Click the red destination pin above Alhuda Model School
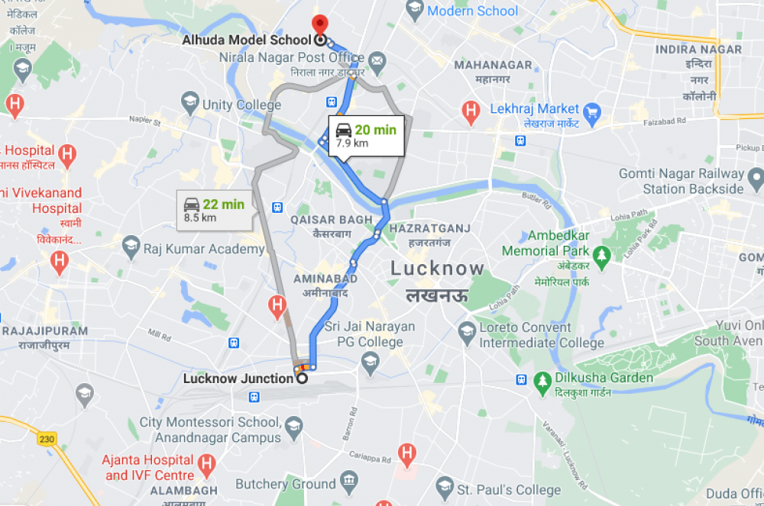pos(319,24)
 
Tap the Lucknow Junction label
pos(238,378)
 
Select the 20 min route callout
pos(365,136)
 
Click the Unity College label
pos(241,105)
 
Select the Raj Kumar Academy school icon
pos(131,247)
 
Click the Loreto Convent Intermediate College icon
pos(467,333)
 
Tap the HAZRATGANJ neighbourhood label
pos(429,229)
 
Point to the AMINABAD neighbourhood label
pos(324,279)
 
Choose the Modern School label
pos(472,11)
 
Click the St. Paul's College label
pos(508,489)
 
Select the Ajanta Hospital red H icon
pos(206,463)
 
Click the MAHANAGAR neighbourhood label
pos(493,65)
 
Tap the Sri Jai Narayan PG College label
pos(369,334)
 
